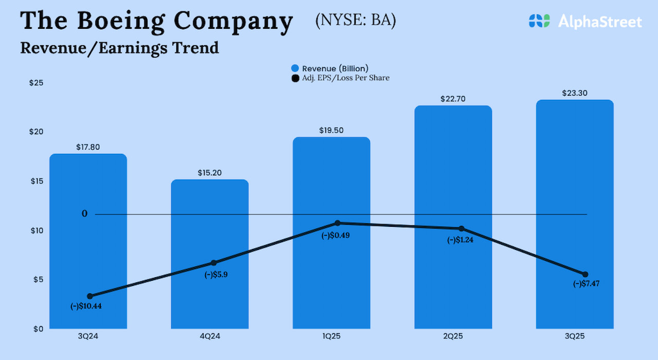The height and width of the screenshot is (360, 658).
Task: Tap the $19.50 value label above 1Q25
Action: coord(331,131)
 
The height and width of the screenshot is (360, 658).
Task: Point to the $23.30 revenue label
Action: coord(575,93)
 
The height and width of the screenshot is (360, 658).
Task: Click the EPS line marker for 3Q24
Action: coord(90,296)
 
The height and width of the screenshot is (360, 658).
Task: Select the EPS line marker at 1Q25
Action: coord(337,223)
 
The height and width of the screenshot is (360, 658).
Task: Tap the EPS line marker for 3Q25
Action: coord(585,274)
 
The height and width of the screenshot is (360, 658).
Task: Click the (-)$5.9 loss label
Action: coord(216,275)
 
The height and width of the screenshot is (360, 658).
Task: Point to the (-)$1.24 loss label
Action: coord(460,240)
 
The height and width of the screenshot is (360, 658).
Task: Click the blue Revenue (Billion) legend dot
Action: coord(295,68)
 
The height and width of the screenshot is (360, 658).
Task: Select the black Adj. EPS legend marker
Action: coord(295,78)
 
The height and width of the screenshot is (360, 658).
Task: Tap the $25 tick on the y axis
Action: coord(36,83)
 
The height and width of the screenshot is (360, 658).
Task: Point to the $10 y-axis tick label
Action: coord(36,230)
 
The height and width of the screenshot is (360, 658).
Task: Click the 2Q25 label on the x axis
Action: coord(453,336)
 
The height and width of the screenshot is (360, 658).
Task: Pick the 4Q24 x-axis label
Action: coord(210,336)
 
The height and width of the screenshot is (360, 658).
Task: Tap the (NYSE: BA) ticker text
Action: coord(355,21)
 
